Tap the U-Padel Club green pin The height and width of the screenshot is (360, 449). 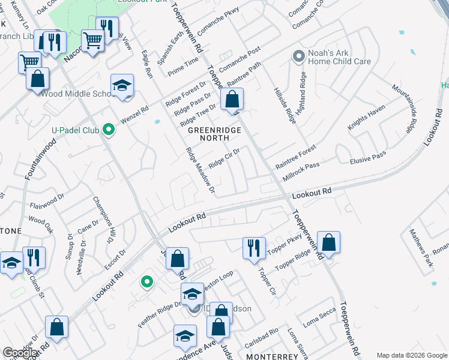(108, 129)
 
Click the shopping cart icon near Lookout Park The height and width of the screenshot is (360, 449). (93, 41)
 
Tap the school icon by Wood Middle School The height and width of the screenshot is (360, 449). (122, 86)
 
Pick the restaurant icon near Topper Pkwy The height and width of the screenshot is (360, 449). (254, 247)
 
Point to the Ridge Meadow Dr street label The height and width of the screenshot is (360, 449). (200, 171)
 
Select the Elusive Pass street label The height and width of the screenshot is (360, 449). (367, 158)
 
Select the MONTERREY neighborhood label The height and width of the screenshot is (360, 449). (273, 356)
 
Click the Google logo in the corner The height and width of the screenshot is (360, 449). (20, 353)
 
